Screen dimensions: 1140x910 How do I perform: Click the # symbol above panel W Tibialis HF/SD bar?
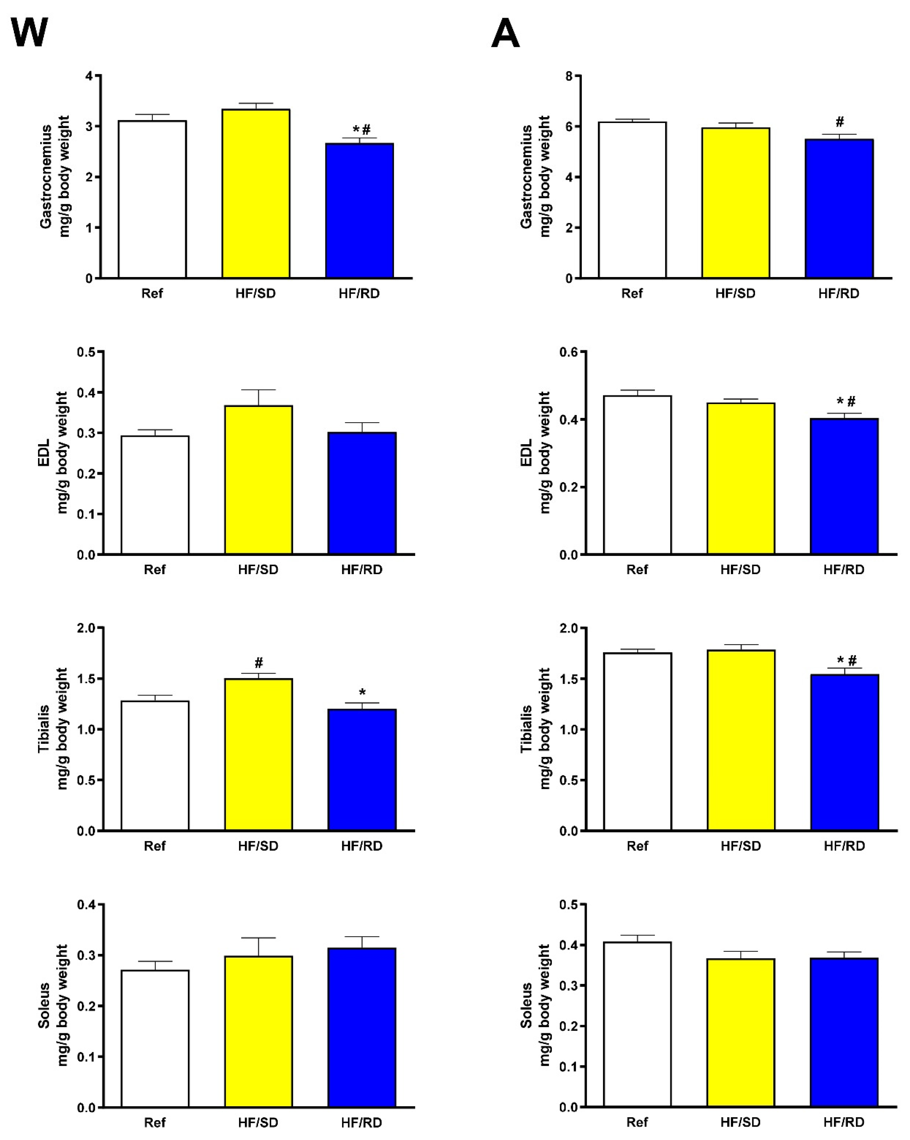coord(259,662)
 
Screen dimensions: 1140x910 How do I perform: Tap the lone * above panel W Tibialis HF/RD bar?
coord(362,692)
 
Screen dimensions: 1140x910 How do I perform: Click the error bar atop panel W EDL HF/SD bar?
coord(259,397)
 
